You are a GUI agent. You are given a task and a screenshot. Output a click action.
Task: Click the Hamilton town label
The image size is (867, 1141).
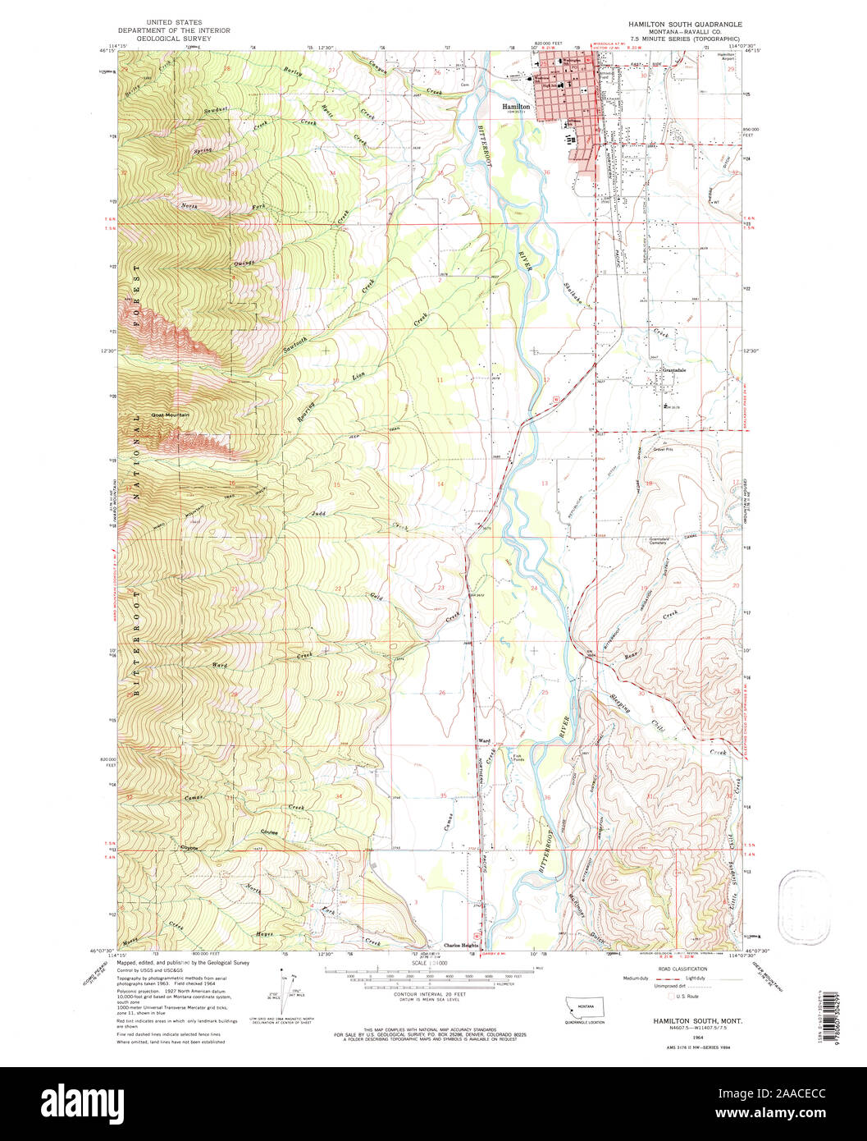(518, 107)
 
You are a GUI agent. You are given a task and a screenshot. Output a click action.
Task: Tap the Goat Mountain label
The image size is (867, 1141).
(171, 415)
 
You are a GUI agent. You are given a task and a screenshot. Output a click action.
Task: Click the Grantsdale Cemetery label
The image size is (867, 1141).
(666, 542)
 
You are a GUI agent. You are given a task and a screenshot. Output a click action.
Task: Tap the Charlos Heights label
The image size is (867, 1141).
(461, 944)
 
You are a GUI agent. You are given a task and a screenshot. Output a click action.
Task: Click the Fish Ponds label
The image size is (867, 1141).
(518, 758)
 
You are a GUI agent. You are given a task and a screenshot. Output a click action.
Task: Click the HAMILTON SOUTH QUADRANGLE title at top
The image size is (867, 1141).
(684, 25)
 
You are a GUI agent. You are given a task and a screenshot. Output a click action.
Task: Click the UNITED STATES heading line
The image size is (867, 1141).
(174, 23)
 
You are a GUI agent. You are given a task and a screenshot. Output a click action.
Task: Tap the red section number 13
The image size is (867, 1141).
(544, 483)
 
